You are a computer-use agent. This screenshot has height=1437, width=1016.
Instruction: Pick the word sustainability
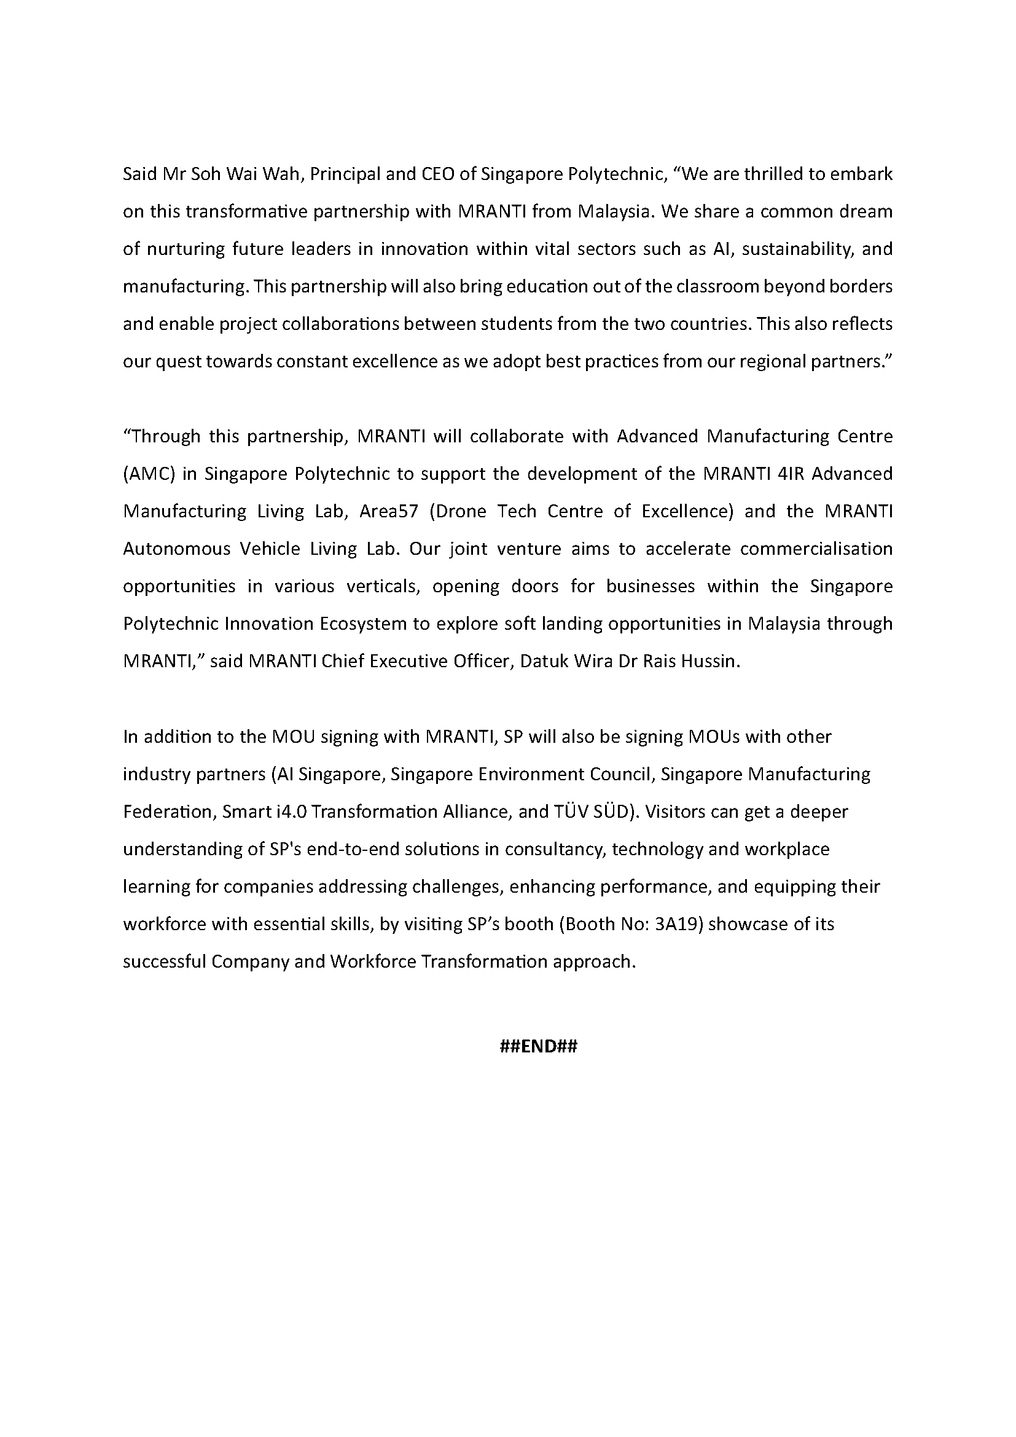(x=795, y=249)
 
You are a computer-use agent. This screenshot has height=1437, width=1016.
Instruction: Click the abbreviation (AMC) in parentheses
(x=147, y=474)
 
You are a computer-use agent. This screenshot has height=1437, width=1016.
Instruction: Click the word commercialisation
(x=816, y=549)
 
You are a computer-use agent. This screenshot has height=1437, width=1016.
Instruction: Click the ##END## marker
(x=539, y=1046)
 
